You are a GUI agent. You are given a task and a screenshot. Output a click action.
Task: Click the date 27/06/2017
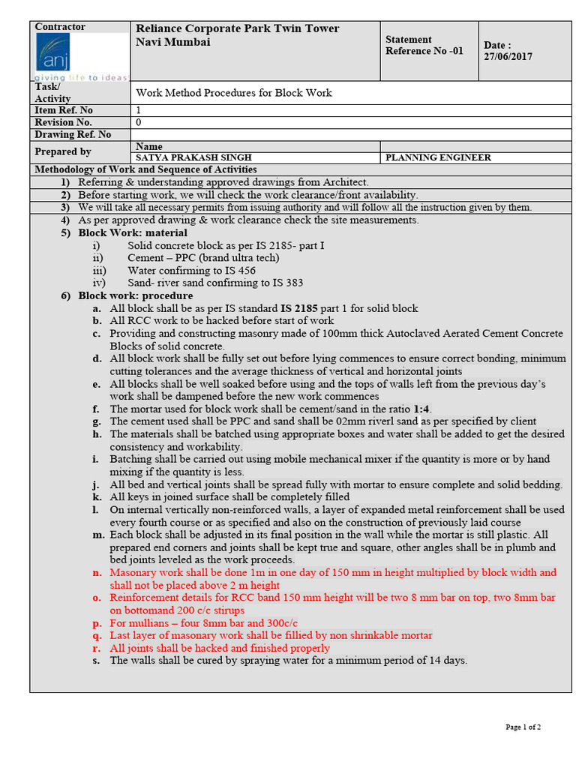pyautogui.click(x=508, y=56)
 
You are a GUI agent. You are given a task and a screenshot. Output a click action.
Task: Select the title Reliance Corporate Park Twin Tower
pyautogui.click(x=237, y=28)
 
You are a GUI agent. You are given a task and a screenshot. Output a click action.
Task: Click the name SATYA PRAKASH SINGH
pyautogui.click(x=193, y=157)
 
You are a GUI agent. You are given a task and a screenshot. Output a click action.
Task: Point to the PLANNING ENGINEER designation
pyautogui.click(x=438, y=157)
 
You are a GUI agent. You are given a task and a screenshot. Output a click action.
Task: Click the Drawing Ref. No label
pyautogui.click(x=73, y=134)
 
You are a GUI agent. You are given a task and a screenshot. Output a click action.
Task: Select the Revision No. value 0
pyautogui.click(x=139, y=122)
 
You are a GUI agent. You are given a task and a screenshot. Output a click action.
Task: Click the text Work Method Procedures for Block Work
pyautogui.click(x=233, y=93)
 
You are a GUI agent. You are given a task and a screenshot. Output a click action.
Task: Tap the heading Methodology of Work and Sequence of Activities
pyautogui.click(x=146, y=169)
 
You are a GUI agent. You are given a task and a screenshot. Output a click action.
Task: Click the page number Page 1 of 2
pyautogui.click(x=523, y=727)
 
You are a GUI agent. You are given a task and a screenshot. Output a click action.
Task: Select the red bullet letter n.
pyautogui.click(x=97, y=573)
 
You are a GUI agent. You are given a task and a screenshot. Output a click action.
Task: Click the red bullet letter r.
pyautogui.click(x=97, y=648)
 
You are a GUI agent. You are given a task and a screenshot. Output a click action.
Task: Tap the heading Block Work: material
pyautogui.click(x=133, y=232)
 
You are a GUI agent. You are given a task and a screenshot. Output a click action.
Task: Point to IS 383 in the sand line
pyautogui.click(x=287, y=283)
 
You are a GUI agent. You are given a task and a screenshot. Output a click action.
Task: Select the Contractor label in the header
pyautogui.click(x=60, y=27)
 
